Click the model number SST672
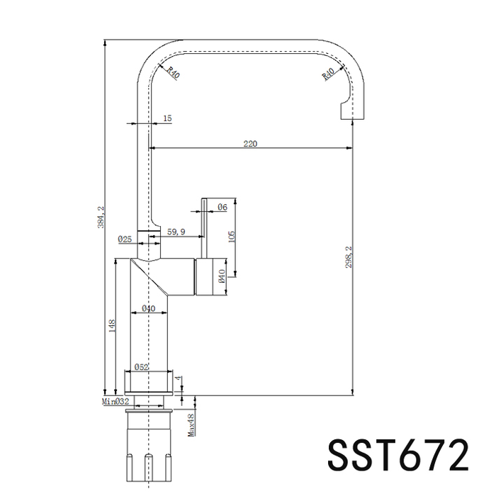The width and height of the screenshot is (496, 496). [x=398, y=455]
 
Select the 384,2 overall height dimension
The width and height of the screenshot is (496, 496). [x=101, y=217]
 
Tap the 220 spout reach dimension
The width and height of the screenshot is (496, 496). [x=250, y=144]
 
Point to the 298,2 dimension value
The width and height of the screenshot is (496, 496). [x=349, y=257]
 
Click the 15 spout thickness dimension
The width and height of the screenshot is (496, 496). [x=167, y=118]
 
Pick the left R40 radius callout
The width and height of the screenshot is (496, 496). [x=174, y=72]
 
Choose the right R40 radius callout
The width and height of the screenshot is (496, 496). [x=328, y=74]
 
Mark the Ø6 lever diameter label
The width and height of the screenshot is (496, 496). [x=222, y=207]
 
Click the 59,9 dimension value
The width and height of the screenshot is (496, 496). [x=176, y=232]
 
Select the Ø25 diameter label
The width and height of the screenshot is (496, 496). [x=125, y=239]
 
